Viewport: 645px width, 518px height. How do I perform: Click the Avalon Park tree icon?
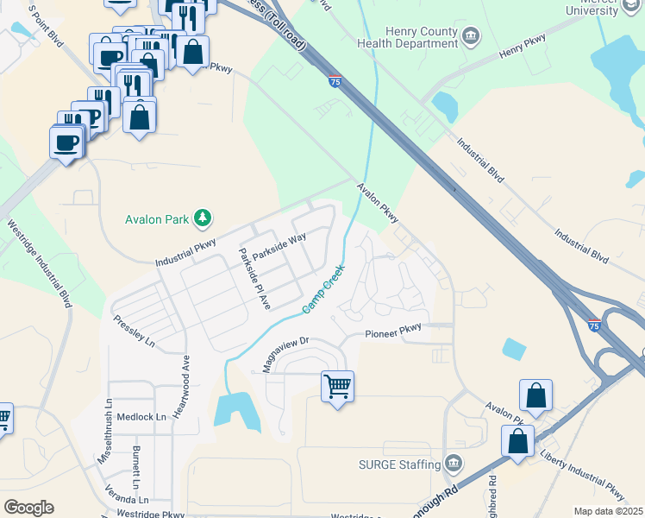[203, 217]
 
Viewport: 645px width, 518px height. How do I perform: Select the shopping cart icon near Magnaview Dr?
[337, 385]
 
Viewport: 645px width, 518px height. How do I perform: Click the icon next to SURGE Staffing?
[452, 464]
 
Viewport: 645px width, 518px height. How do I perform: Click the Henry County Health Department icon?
[472, 35]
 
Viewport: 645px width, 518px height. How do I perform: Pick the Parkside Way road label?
[279, 249]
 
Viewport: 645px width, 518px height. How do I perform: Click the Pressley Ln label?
[134, 331]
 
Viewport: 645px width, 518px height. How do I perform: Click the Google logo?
[28, 507]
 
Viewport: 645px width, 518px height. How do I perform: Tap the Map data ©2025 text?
[608, 511]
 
